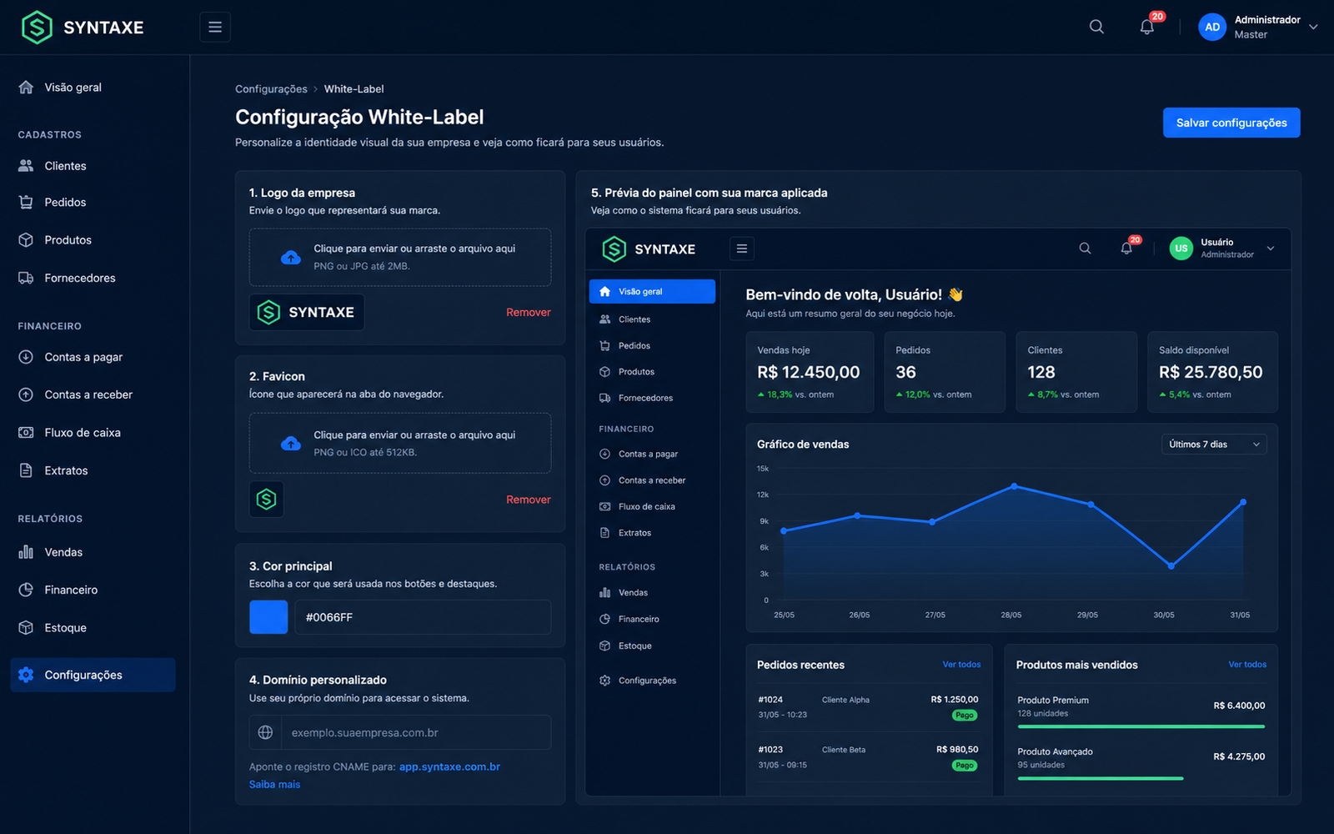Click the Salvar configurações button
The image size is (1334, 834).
pos(1231,123)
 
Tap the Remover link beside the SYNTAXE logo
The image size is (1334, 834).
pos(529,312)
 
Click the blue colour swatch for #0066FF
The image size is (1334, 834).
pos(268,617)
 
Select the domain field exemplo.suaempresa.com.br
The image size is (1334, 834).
pos(416,732)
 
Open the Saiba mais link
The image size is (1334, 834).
pos(274,784)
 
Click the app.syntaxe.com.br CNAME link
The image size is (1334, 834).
pos(449,766)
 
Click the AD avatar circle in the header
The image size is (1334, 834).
pos(1212,27)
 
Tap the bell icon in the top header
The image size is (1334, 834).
pos(1147,27)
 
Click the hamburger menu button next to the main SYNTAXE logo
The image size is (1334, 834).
pos(215,27)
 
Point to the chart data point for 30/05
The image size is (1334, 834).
pos(1171,566)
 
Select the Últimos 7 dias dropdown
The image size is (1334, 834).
pos(1214,445)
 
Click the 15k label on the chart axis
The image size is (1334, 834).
pos(763,469)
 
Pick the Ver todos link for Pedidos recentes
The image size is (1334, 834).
pos(961,664)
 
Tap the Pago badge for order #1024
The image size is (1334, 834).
pos(965,715)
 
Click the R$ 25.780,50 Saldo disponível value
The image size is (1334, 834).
pos(1211,372)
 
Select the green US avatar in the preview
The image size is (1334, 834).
pos(1181,249)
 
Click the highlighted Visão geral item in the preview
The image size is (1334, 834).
pos(652,291)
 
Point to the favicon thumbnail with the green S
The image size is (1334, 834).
pos(266,500)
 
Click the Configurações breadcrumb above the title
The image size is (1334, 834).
pos(271,88)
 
